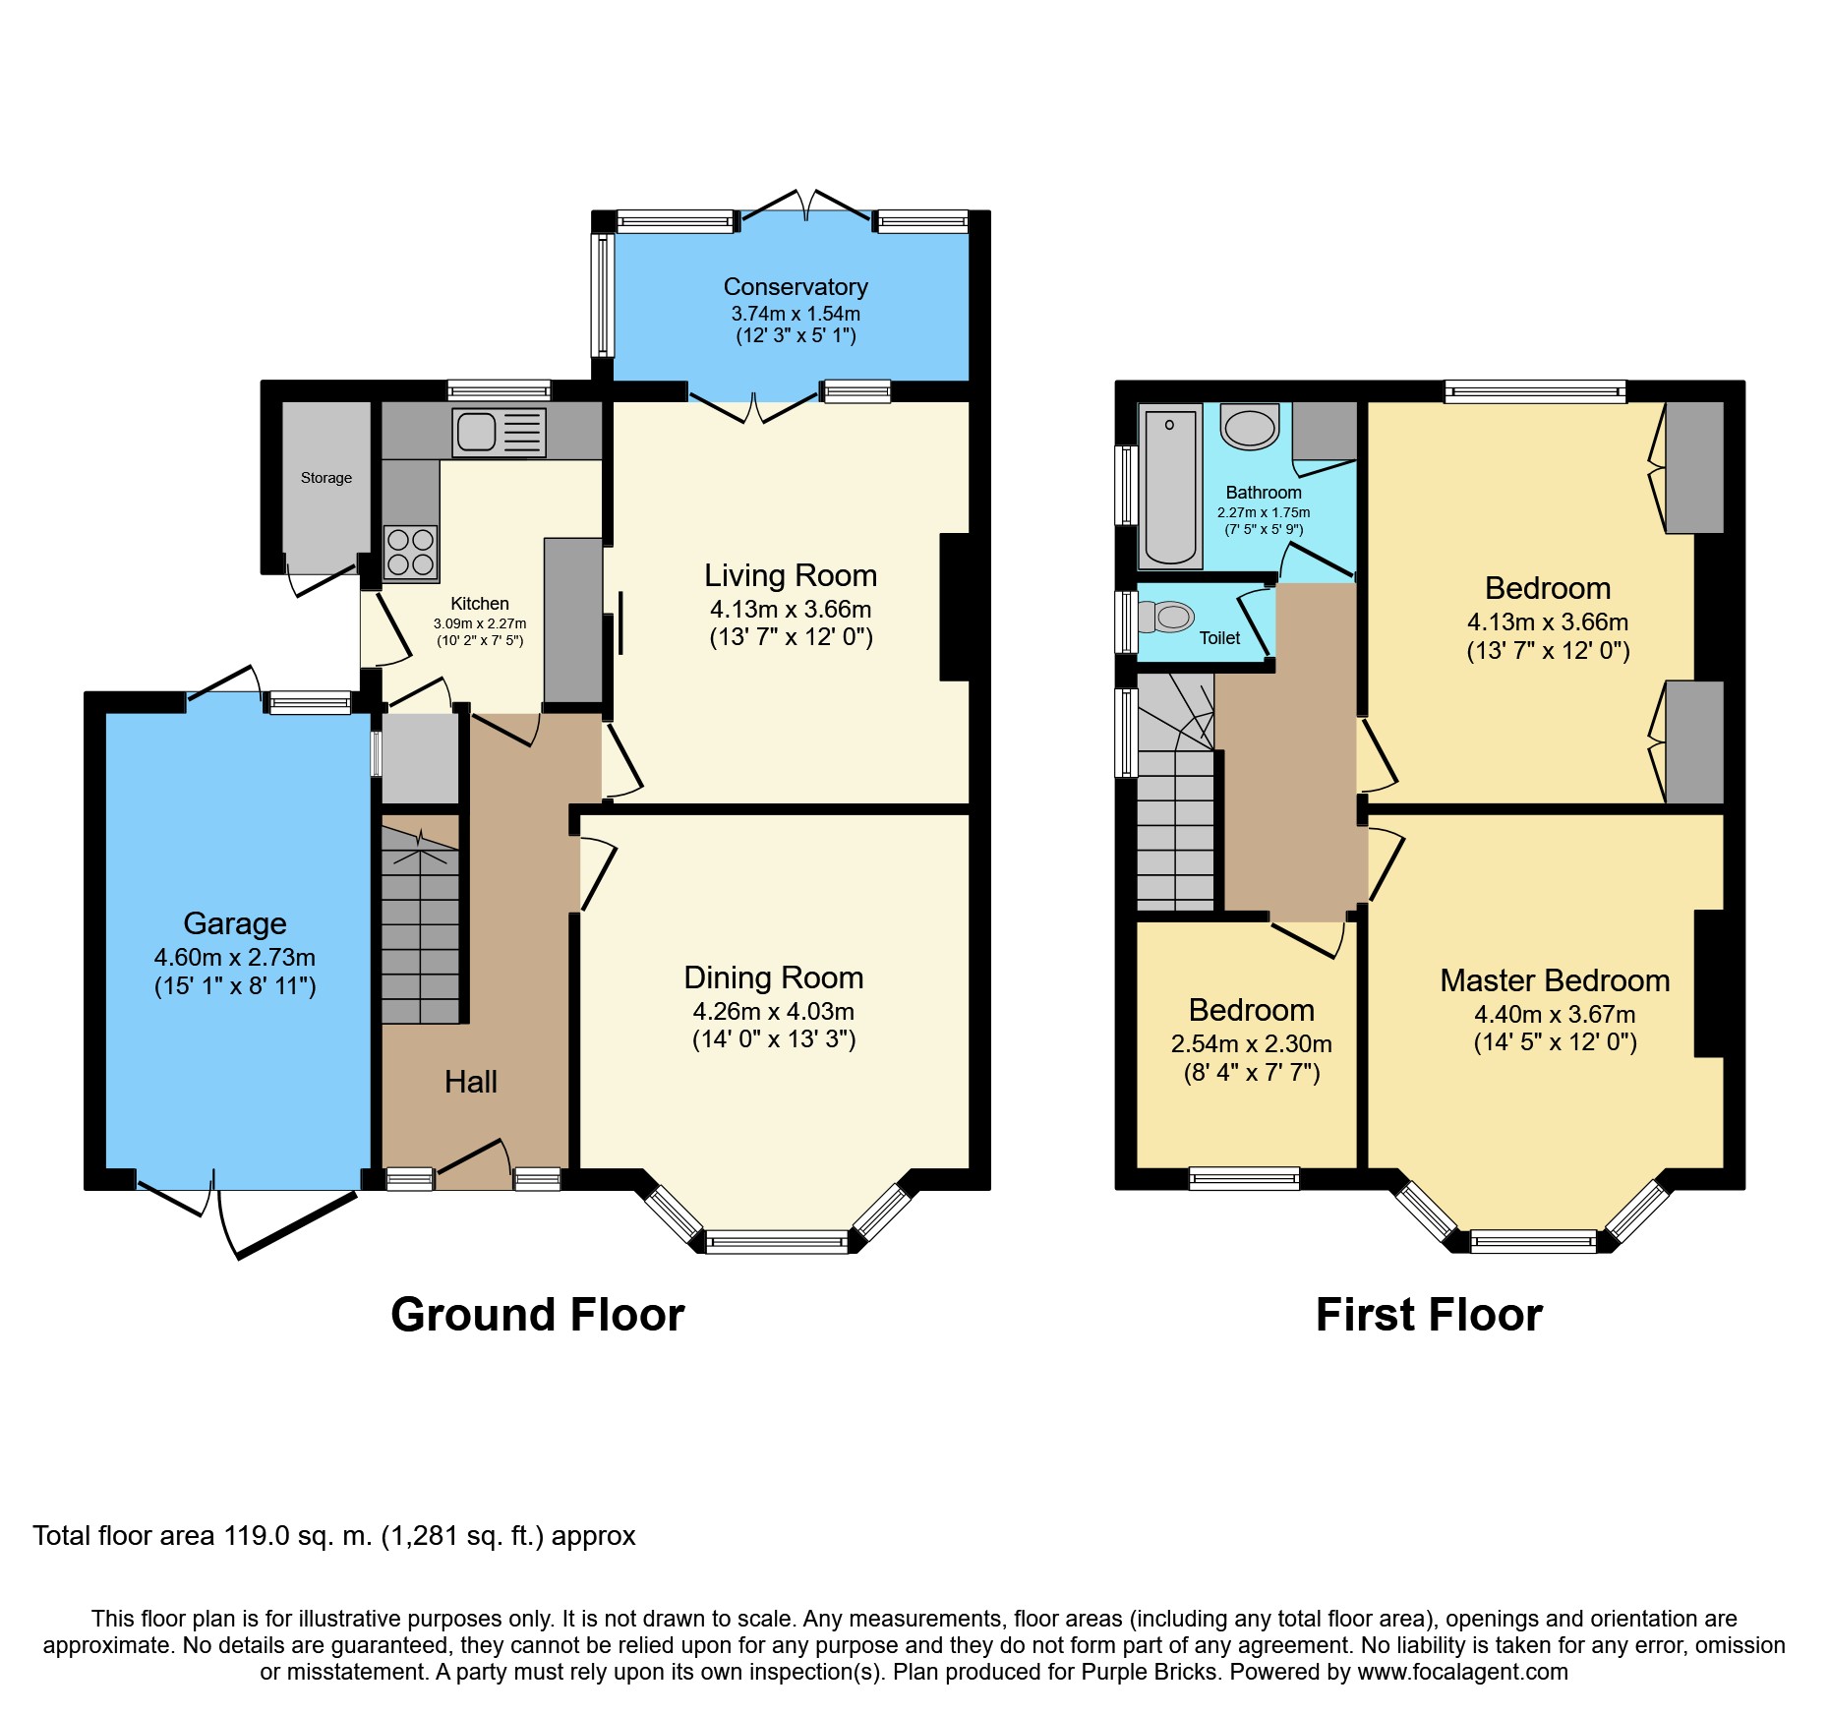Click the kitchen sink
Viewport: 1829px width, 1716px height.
[499, 433]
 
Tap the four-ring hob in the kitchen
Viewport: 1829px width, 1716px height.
[410, 552]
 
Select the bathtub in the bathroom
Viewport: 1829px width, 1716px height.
[1170, 487]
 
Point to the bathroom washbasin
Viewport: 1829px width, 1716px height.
[1250, 426]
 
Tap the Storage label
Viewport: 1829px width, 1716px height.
[326, 478]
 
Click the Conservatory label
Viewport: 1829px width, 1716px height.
[796, 286]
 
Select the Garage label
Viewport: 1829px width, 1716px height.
[235, 923]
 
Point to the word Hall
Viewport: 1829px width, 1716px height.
[471, 1082]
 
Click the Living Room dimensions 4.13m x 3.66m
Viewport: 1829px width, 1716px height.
[791, 609]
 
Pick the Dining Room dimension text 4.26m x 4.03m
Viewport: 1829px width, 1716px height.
[774, 1011]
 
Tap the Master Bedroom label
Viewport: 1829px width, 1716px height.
[1555, 980]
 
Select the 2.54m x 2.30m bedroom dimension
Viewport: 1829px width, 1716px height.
[1252, 1043]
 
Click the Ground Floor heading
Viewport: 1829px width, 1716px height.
[537, 1315]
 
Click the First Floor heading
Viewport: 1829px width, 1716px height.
[1429, 1315]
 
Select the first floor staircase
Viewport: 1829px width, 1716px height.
[1175, 791]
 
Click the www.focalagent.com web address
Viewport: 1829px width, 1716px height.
[1462, 1672]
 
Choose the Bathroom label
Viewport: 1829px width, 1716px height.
[1264, 492]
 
